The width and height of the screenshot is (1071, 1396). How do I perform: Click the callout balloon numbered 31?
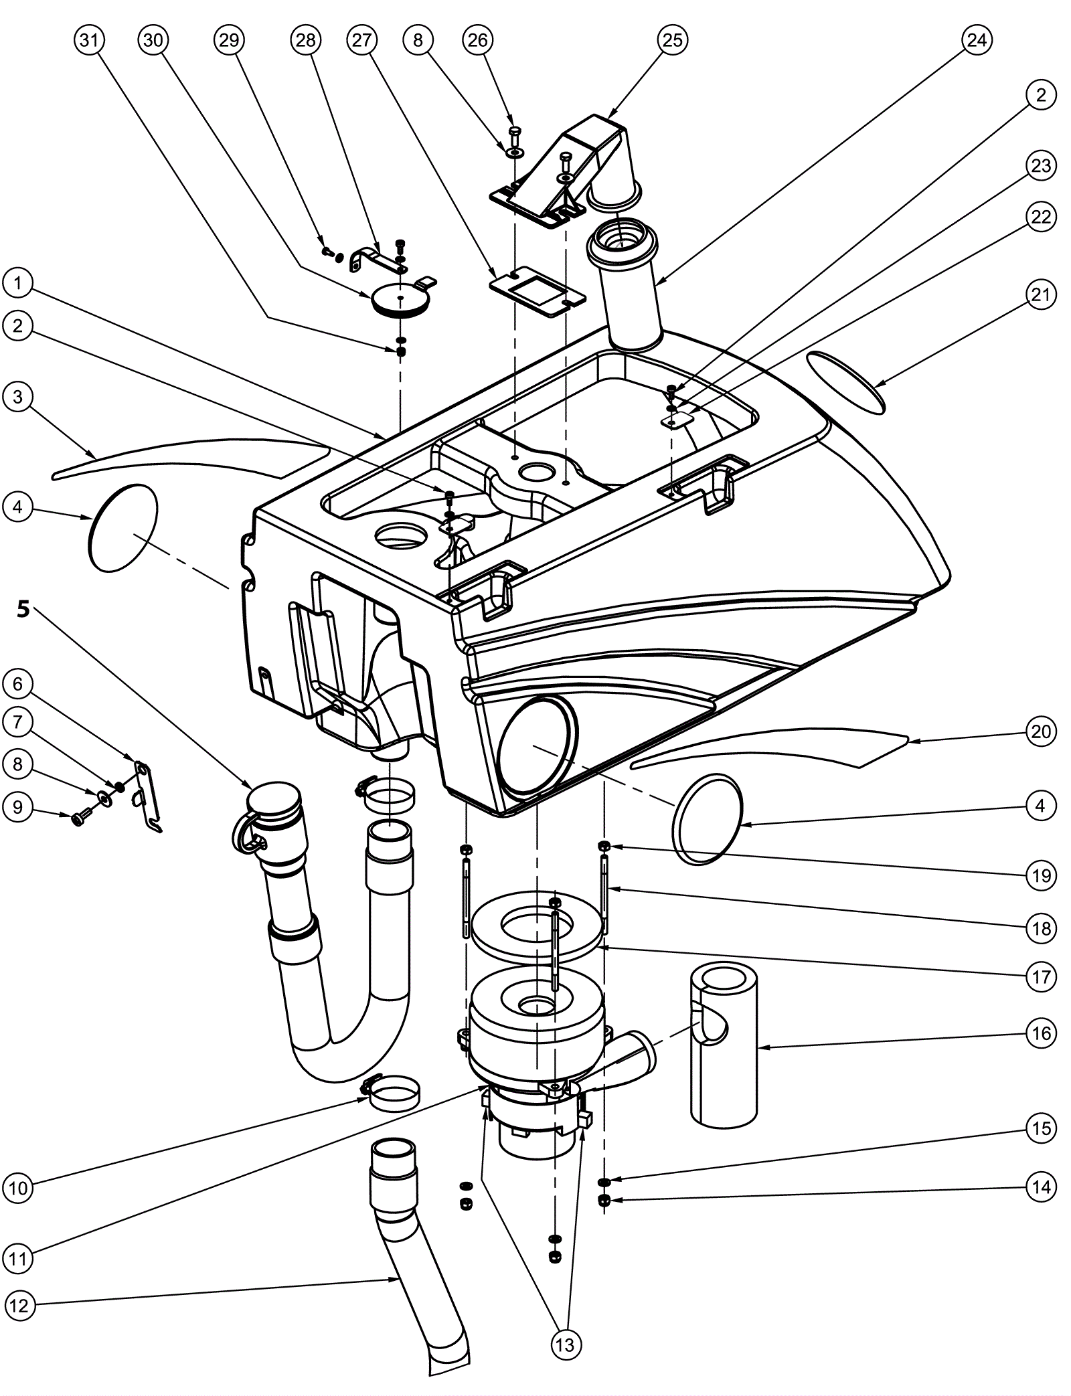(x=89, y=40)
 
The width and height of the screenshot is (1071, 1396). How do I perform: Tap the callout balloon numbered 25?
(x=672, y=40)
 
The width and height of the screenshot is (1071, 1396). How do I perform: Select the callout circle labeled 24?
(x=977, y=40)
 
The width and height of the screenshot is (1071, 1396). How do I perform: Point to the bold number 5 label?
(x=23, y=609)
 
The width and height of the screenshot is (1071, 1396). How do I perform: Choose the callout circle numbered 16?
(x=1041, y=1033)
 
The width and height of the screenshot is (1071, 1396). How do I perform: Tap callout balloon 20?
(x=1041, y=731)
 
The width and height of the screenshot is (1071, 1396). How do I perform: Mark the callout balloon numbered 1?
(x=18, y=284)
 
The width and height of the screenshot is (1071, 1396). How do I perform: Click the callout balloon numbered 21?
(x=1040, y=294)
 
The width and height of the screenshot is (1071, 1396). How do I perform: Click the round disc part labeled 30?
(x=400, y=298)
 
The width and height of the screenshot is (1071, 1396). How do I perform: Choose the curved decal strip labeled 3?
(x=191, y=458)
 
